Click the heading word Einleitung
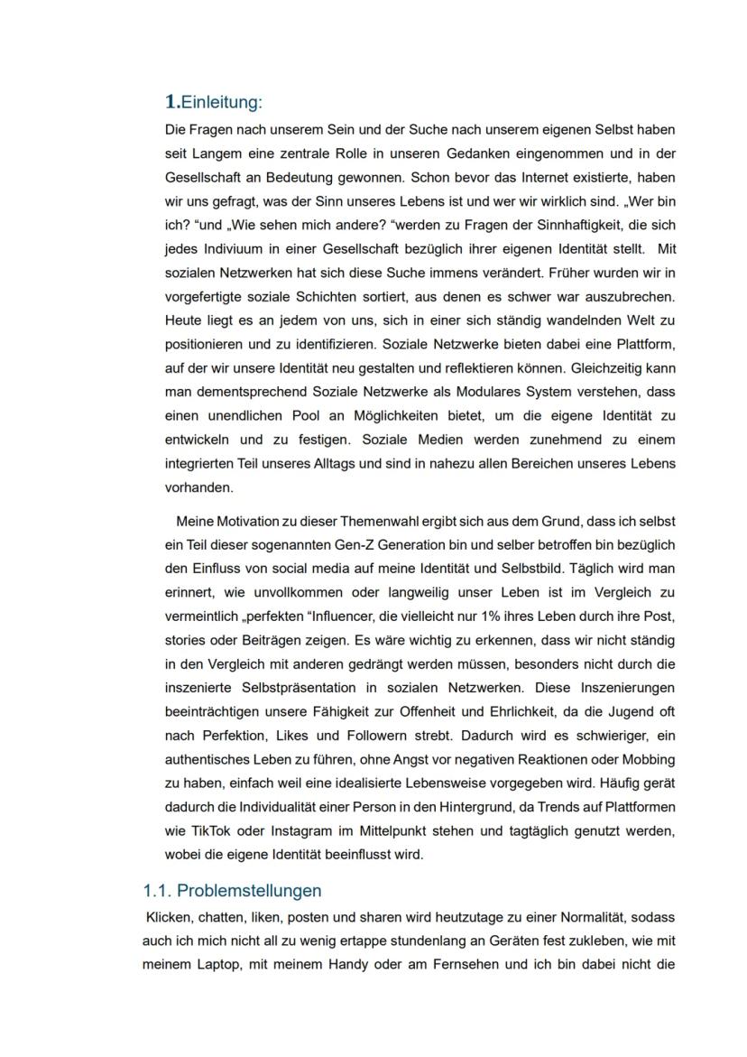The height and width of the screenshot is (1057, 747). coord(221,101)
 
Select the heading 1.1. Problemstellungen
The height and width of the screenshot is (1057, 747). coord(232,891)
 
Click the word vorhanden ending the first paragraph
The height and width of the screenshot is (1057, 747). coord(198,487)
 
